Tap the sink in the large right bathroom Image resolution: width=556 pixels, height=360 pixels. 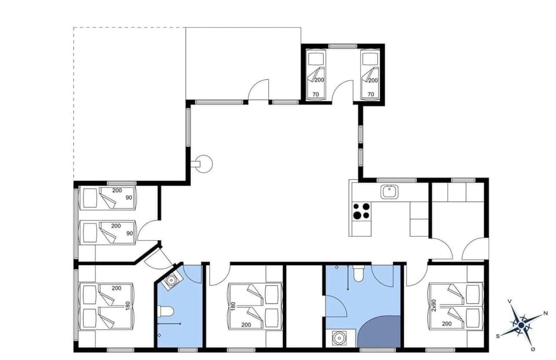pos(338,337)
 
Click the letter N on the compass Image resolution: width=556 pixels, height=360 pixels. pos(546,313)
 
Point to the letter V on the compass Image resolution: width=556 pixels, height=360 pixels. pos(509,302)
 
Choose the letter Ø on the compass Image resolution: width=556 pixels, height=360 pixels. pos(532,348)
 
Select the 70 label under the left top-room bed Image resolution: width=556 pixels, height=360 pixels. pos(316,93)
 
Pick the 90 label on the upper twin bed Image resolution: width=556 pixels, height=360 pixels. pos(129,197)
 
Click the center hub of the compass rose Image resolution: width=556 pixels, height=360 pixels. pos(521,326)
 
